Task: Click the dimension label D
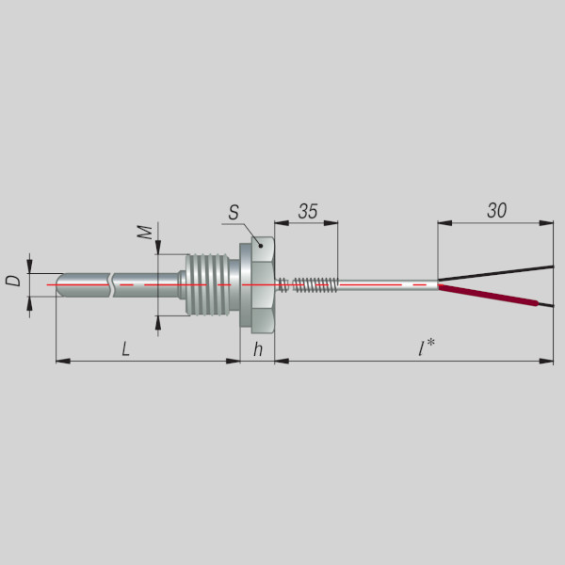coord(13,281)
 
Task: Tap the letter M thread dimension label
coord(145,233)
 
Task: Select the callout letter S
coord(234,213)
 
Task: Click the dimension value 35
coord(308,211)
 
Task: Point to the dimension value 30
coord(496,210)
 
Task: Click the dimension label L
coord(125,349)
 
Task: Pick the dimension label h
coord(258,349)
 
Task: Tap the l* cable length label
coord(427,347)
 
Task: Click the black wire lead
coord(496,273)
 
